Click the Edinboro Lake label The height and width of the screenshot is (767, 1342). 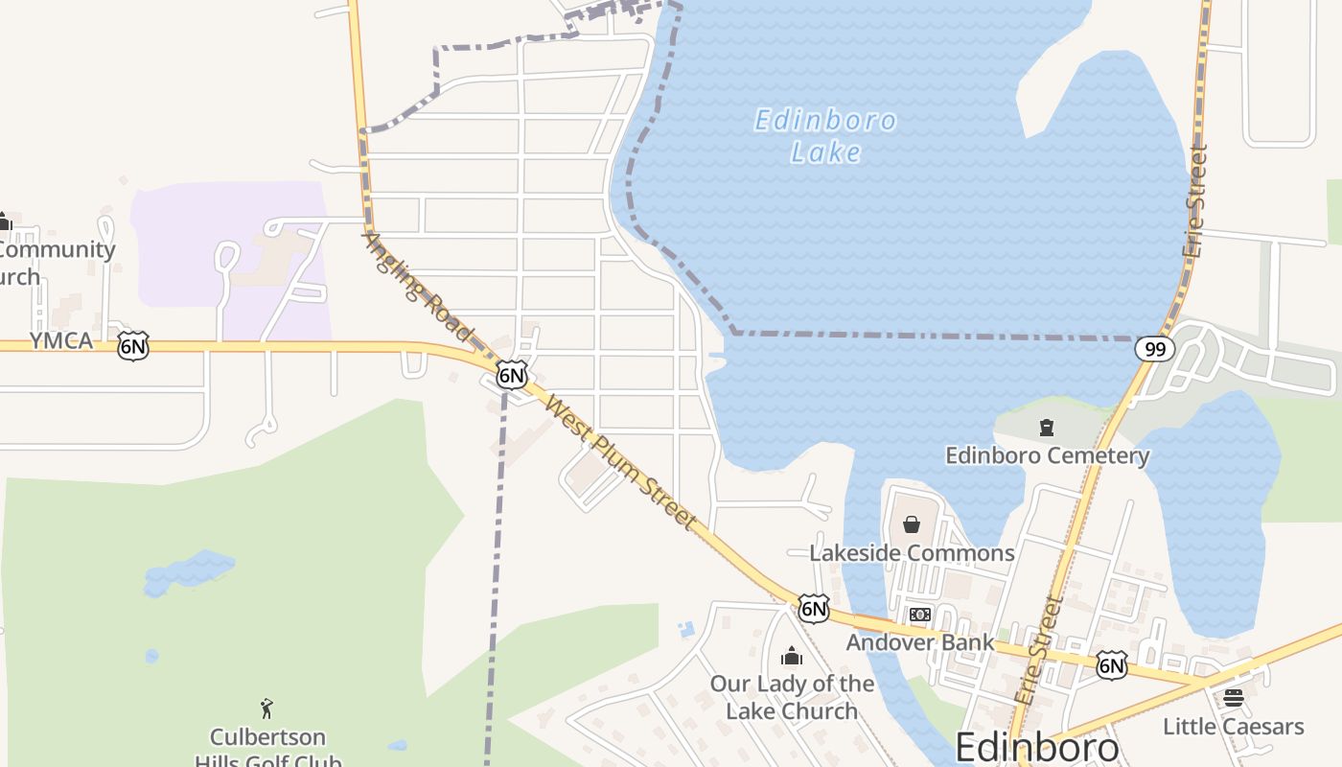825,136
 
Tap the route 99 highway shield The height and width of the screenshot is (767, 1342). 1155,349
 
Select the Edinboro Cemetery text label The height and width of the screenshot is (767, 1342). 1047,455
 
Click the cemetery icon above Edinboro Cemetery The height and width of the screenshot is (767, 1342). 1047,428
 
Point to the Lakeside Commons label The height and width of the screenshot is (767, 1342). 912,553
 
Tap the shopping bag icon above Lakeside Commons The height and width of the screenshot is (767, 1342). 912,524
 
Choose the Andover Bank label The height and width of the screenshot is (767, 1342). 919,642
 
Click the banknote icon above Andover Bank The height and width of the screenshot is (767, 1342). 919,615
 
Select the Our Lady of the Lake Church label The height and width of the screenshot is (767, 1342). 792,697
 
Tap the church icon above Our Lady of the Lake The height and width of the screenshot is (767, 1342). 792,657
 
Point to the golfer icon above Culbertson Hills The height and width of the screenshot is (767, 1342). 267,709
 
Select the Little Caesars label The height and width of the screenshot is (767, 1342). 1233,727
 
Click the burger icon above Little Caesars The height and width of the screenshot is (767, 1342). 1234,698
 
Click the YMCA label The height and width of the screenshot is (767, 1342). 61,341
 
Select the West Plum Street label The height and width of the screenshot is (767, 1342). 619,461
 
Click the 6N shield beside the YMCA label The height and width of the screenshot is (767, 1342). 133,346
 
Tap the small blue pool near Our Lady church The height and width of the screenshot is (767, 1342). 685,630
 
